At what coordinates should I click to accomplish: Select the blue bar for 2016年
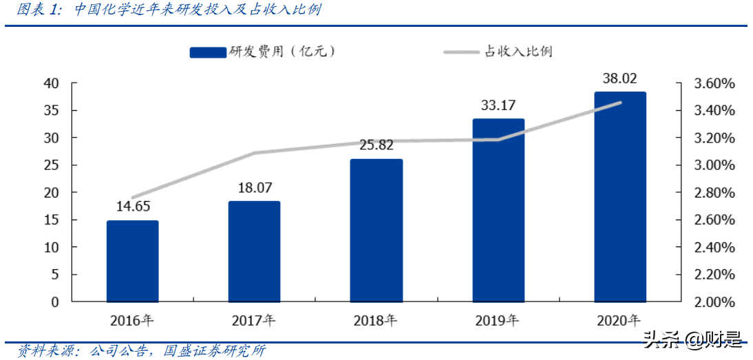(133, 262)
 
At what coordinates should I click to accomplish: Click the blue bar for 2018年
(376, 231)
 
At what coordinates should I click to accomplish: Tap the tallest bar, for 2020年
(620, 197)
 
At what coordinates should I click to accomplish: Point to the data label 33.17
(498, 106)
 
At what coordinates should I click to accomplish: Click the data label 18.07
(254, 188)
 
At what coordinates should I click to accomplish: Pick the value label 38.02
(620, 78)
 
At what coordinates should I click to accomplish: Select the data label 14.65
(133, 207)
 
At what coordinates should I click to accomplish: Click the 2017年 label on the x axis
(254, 321)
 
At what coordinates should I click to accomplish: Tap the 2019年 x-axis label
(498, 321)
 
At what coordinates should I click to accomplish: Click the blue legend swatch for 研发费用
(208, 52)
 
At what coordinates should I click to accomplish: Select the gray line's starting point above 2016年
(133, 198)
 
